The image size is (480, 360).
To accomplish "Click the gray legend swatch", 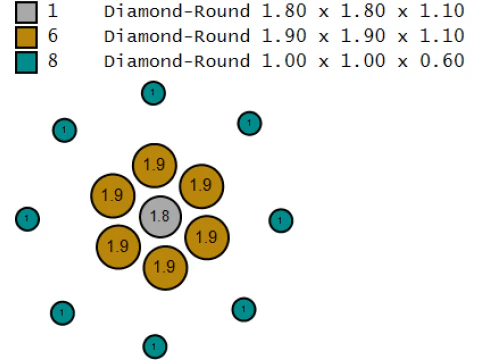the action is coord(26,12).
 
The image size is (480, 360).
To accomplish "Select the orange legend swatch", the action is coord(26,37).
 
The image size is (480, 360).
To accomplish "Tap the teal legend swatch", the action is coord(26,62).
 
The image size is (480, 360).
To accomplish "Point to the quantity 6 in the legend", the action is coord(53,36).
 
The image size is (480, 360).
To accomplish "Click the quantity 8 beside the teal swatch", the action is coord(53,61).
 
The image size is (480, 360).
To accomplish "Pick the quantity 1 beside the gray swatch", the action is coord(53,11).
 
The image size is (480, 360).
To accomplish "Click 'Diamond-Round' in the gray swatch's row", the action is coord(177,11).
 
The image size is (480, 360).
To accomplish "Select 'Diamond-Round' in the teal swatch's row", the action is coord(177,61).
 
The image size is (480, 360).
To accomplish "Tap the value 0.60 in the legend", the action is coord(442,61).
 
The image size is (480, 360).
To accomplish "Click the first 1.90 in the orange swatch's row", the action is coord(284,36).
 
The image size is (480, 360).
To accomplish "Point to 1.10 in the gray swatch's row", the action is coord(442,11).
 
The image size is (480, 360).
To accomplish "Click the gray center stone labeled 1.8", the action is coord(160,217).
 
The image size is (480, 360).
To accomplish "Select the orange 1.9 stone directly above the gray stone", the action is coord(155,165).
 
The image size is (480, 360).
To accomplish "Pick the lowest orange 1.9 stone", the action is coord(165,268).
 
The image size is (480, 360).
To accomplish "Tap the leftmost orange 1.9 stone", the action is coord(113,196).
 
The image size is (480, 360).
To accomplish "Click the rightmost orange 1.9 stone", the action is coord(207,238).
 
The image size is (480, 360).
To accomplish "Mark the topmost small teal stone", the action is coord(153,93).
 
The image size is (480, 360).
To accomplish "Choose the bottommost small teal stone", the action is coord(155,347).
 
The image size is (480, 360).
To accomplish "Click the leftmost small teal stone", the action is coord(28,219).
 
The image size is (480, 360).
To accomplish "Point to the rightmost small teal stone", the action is coord(281,220).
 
